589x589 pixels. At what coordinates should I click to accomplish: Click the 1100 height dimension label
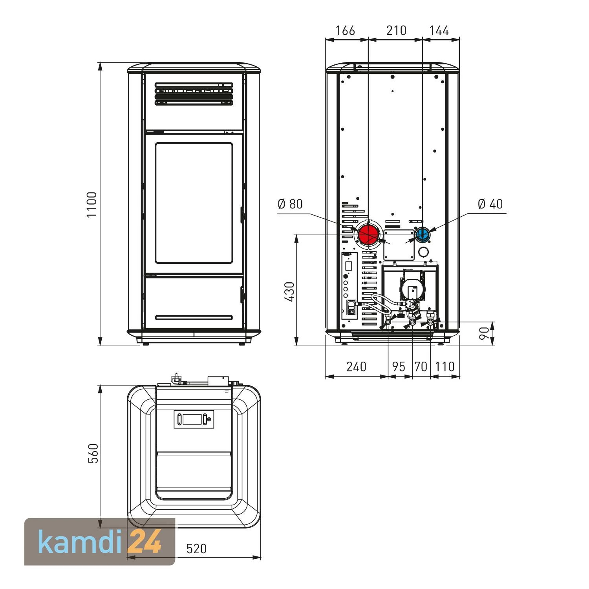(91, 205)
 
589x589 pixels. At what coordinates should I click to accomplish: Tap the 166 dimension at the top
(346, 30)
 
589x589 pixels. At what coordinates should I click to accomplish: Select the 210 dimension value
(396, 30)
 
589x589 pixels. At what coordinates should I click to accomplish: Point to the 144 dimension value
(439, 30)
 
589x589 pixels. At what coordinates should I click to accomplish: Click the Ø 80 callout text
(290, 204)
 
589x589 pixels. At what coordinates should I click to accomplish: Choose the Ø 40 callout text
(490, 204)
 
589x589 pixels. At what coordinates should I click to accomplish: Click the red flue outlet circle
(368, 234)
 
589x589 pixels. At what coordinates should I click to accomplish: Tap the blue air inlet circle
(423, 234)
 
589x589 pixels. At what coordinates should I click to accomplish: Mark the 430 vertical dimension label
(289, 291)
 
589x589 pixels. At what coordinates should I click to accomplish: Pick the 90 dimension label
(485, 333)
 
